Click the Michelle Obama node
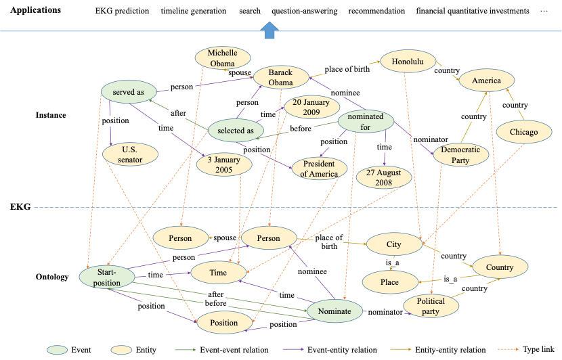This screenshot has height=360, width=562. pos(222,58)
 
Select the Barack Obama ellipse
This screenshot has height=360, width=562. pos(281,78)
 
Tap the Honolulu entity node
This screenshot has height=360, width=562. pos(403,62)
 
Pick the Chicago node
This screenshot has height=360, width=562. pos(524,132)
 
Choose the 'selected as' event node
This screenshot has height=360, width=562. pos(236,131)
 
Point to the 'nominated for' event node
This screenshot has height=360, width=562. pos(366,121)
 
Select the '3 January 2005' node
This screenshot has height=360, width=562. pos(224,164)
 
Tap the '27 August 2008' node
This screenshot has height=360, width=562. pos(385,177)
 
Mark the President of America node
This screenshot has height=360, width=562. pos(320,168)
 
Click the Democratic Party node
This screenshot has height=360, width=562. pos(460,155)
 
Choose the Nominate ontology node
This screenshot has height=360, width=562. pos(334,311)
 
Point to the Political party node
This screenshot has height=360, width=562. pos(431,306)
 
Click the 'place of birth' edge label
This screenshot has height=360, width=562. pos(347,69)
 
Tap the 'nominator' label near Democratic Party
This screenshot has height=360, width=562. pos(431,139)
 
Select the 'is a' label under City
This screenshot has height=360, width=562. pos(392,262)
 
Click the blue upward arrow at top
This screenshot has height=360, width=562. pos(270,30)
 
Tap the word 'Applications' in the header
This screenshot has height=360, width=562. pos(35,11)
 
